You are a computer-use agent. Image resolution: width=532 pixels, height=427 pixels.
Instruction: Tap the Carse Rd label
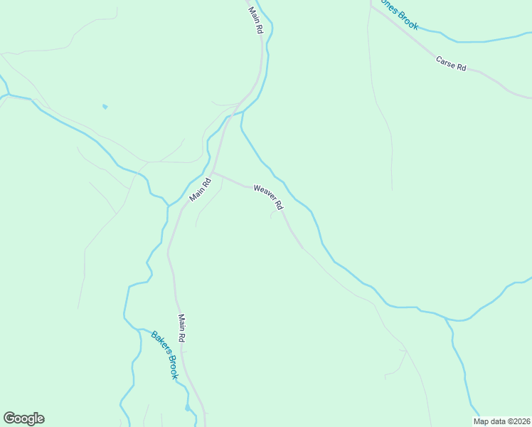(451, 63)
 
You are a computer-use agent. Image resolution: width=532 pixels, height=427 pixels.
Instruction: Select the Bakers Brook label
(164, 354)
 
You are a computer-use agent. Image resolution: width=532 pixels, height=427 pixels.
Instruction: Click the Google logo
(23, 418)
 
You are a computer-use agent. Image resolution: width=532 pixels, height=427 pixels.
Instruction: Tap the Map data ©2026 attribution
(501, 421)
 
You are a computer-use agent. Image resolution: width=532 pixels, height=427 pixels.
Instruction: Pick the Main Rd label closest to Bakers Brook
(182, 330)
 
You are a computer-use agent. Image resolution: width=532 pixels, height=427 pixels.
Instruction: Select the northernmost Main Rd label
(256, 20)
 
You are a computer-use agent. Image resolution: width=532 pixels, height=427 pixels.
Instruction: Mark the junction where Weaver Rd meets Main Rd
(213, 172)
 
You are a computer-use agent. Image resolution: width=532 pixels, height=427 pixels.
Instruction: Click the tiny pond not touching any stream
(105, 107)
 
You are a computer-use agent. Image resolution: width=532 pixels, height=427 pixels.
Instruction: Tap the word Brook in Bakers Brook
(171, 366)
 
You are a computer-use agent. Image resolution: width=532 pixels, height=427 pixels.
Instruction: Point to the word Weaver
(264, 193)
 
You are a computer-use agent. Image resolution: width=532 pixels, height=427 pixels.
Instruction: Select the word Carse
(446, 60)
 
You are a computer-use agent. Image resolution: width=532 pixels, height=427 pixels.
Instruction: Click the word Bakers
(158, 344)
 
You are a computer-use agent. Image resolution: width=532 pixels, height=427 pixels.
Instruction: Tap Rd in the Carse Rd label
(462, 67)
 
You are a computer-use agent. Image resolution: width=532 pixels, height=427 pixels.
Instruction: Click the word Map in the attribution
(482, 421)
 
